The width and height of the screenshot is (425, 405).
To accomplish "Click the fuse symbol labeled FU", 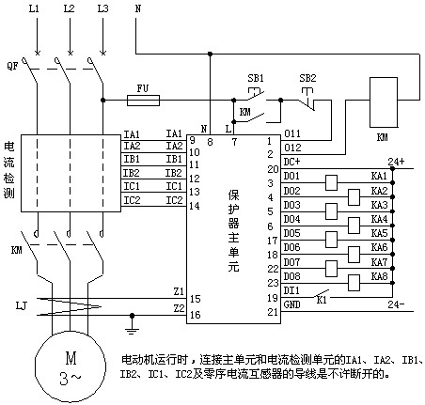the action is coord(143,101).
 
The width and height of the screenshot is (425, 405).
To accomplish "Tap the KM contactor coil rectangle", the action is coord(384,102).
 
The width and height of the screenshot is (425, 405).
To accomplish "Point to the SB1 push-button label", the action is coord(256,78).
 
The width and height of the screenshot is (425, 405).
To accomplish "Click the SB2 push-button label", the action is coord(307,78).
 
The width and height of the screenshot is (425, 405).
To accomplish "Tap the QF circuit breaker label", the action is coord(12,66).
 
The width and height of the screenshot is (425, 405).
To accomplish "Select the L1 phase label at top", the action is coord(34,8).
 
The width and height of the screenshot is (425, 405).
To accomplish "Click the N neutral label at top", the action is coord(138,8).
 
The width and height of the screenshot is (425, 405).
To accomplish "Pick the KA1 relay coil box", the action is coord(331,183).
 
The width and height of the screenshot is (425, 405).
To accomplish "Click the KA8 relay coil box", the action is coord(354,283).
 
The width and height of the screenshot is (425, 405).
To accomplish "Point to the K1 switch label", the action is coord(322,300).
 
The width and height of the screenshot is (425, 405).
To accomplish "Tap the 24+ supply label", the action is coord(396,162).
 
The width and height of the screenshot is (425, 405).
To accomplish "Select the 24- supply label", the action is coord(396,304).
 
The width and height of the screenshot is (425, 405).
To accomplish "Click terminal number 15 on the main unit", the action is coord(195,299).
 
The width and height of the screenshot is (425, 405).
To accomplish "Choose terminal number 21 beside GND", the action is coord(273,312).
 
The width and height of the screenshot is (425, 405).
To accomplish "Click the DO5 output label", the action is coord(291,233).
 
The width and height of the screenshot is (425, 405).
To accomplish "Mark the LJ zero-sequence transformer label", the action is coord(22,305).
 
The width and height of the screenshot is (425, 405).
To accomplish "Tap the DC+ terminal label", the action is coord(291,162).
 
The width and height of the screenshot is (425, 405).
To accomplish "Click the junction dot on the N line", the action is coord(210,54).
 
